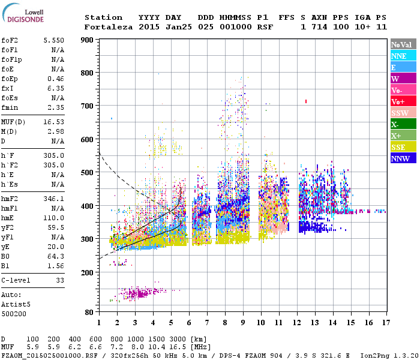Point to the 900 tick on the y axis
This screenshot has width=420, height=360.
tap(88, 40)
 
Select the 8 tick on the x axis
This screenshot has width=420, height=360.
tap(225, 323)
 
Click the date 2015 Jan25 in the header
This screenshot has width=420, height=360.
tap(160, 27)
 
